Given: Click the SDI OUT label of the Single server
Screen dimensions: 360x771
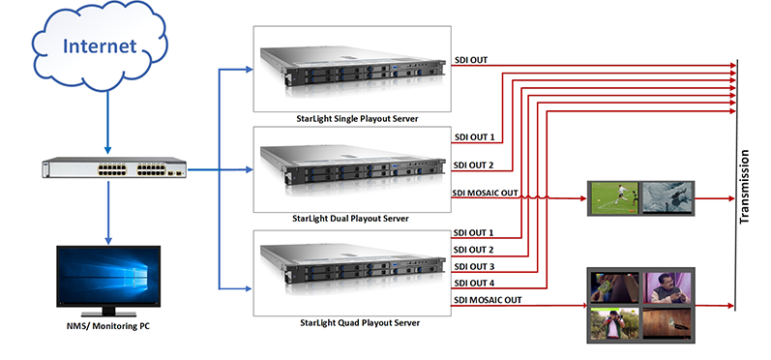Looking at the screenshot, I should [471, 60].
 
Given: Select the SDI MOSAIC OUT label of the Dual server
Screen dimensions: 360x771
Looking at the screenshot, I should [487, 193].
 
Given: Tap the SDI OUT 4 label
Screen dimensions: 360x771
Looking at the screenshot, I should [474, 283].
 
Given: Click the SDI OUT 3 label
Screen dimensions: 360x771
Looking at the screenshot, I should [474, 266].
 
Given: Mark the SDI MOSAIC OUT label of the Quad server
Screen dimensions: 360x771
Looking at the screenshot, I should [487, 299].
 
